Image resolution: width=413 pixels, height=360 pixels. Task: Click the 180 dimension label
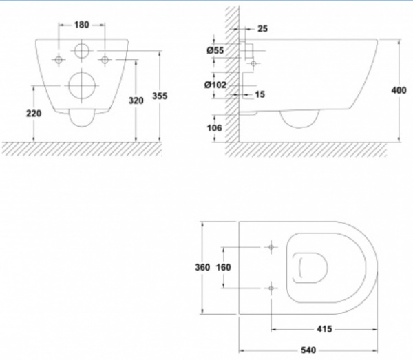coord(82,25)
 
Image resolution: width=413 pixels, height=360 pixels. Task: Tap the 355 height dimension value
coord(160,96)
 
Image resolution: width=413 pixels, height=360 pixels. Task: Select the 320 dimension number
coord(136,100)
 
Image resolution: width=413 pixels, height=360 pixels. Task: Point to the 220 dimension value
coord(34,114)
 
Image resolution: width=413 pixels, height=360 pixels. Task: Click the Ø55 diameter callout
coord(215,50)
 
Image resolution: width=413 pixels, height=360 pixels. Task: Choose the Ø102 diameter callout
coord(215,85)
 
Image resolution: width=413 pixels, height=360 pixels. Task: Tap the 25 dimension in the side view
coord(262,28)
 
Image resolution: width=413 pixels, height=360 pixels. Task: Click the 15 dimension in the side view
coord(260,94)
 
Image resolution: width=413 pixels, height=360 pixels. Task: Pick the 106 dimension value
coord(214,128)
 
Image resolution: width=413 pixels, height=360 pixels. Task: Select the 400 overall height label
coord(399,90)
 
